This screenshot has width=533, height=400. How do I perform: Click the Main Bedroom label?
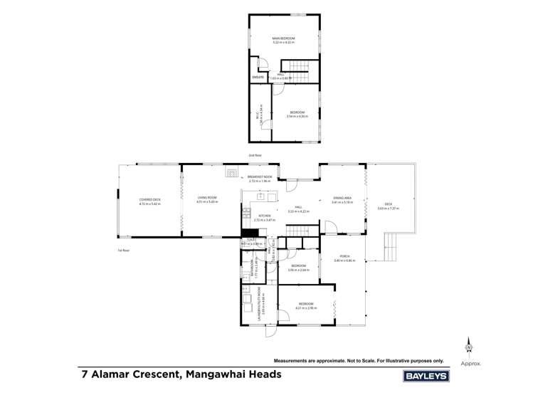283,38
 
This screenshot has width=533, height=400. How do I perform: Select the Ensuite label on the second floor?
258,77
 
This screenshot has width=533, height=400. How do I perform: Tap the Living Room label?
207,199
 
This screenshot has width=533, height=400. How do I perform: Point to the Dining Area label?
342,199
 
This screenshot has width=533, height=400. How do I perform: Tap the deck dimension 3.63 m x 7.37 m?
389,209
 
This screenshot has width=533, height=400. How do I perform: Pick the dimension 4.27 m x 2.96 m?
305,307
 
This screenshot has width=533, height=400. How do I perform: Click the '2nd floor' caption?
255,154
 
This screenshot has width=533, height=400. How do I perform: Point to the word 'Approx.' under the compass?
470,363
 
